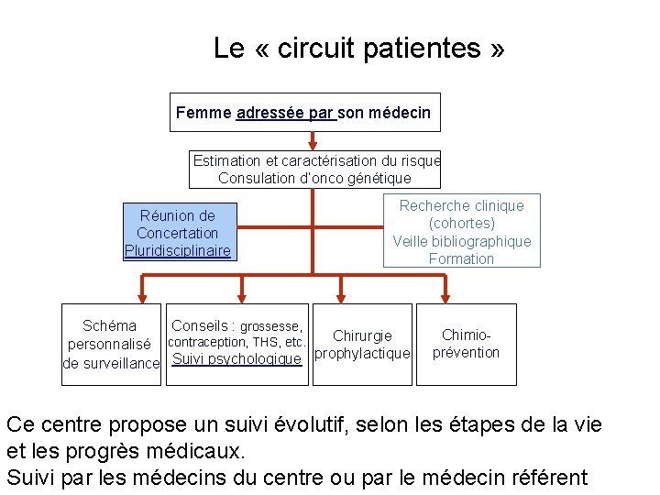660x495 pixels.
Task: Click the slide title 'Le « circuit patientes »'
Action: pyautogui.click(x=358, y=48)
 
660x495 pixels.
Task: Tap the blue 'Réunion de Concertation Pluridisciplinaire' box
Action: pyautogui.click(x=178, y=233)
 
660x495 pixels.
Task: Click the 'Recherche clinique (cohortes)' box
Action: pyautogui.click(x=461, y=214)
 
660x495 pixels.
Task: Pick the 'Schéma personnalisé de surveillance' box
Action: pyautogui.click(x=111, y=344)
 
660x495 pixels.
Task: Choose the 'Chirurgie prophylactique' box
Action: pyautogui.click(x=362, y=344)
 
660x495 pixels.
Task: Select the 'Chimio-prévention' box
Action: pyautogui.click(x=466, y=344)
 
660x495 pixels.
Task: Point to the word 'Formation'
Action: pyautogui.click(x=461, y=259)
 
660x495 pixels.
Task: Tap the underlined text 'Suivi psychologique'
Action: pyautogui.click(x=236, y=359)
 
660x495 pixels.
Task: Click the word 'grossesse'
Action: pyautogui.click(x=270, y=326)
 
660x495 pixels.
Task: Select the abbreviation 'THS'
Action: pyautogui.click(x=264, y=343)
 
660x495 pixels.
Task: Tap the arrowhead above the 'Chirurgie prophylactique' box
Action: pyautogui.click(x=342, y=296)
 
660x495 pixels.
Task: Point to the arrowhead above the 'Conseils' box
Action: pyautogui.click(x=242, y=296)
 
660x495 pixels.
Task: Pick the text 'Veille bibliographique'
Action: pyautogui.click(x=461, y=242)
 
